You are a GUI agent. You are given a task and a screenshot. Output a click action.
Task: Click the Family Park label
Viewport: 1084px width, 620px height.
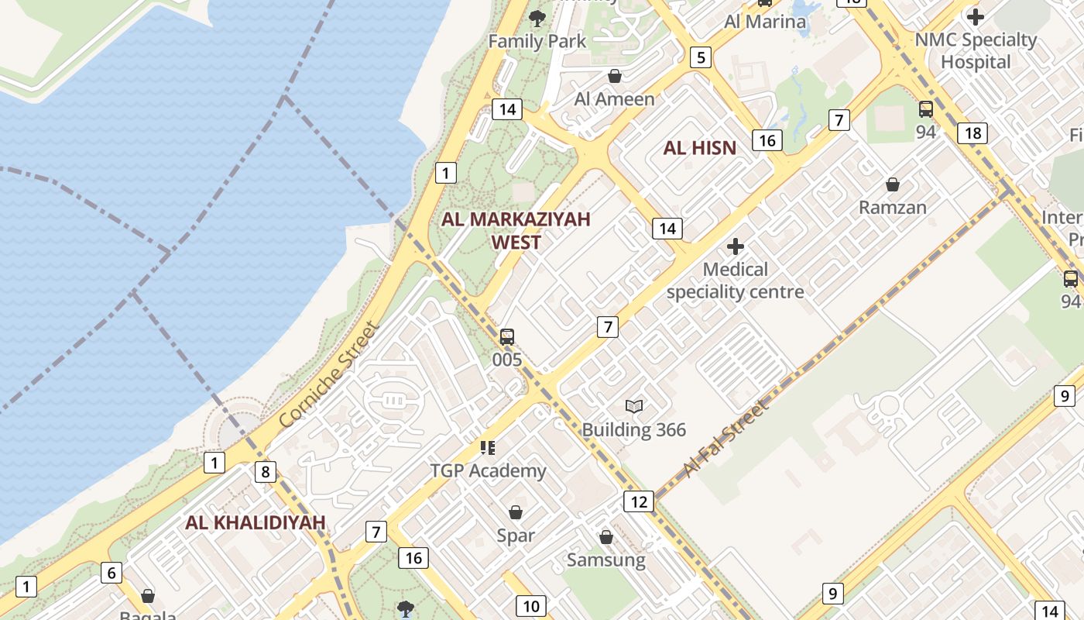(x=537, y=40)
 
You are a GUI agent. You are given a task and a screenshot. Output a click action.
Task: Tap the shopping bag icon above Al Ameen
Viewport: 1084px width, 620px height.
(x=615, y=76)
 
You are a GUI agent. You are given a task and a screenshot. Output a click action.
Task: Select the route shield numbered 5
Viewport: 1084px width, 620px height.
(x=701, y=57)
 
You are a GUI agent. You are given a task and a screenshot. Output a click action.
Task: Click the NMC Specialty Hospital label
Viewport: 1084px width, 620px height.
(x=976, y=50)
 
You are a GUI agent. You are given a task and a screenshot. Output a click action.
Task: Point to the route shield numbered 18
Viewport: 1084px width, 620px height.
(x=973, y=133)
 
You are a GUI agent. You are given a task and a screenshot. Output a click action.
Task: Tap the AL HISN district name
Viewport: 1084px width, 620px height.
(x=700, y=148)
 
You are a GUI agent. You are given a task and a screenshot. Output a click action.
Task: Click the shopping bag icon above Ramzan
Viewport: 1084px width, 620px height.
(x=893, y=184)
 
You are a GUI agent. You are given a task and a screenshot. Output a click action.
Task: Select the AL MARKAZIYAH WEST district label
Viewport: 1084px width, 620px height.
(x=516, y=230)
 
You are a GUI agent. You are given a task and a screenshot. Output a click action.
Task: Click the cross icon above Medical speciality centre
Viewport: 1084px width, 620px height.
(x=736, y=247)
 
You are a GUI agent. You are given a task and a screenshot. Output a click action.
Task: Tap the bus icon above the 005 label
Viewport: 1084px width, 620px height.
(x=507, y=336)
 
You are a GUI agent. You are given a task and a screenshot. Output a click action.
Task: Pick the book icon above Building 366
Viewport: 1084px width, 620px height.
(x=634, y=406)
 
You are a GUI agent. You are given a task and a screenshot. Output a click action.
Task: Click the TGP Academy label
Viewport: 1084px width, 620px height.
(x=489, y=470)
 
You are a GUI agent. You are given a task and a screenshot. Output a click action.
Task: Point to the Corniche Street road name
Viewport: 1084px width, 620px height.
(x=330, y=375)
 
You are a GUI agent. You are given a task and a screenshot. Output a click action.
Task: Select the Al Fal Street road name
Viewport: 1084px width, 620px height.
(x=727, y=438)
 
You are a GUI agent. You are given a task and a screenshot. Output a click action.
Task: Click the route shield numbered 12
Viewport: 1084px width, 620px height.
(x=639, y=501)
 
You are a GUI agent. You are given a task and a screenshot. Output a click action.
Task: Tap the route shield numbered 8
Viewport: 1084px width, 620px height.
(x=266, y=471)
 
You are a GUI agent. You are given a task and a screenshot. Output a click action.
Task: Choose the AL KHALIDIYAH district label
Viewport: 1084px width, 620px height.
(x=256, y=522)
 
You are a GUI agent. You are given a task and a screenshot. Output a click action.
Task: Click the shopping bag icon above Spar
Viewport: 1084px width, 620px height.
(x=516, y=512)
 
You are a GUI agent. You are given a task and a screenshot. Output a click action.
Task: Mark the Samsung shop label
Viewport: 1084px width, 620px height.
(x=606, y=560)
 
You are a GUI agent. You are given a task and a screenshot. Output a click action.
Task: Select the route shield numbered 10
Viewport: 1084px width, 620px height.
(x=531, y=606)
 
